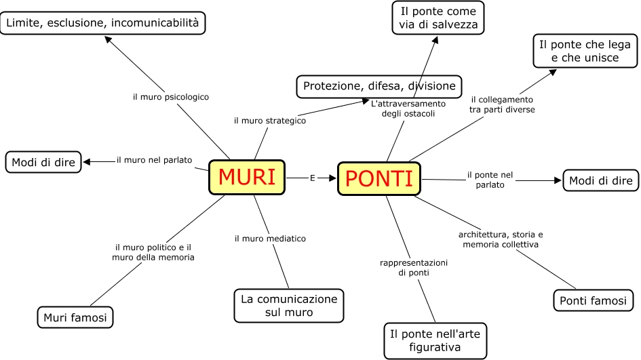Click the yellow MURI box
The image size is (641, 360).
(x=247, y=178)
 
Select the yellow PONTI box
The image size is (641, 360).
(x=379, y=179)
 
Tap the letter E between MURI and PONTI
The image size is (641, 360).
(x=312, y=178)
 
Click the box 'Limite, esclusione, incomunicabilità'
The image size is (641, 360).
(x=103, y=24)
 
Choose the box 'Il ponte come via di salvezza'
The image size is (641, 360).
(x=438, y=18)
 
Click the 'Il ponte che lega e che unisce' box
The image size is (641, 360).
(x=584, y=51)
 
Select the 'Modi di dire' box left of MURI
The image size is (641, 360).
(x=43, y=162)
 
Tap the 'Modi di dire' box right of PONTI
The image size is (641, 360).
(x=600, y=180)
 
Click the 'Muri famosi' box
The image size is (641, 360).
(x=75, y=317)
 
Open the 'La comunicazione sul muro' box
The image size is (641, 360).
(x=288, y=306)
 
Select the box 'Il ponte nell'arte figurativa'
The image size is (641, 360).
(x=435, y=340)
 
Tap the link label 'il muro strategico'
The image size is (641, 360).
(x=270, y=121)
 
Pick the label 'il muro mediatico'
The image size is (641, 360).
(x=270, y=239)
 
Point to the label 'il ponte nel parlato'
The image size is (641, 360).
(x=490, y=180)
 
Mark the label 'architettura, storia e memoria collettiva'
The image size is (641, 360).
(x=501, y=239)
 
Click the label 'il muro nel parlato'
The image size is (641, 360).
(x=154, y=160)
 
